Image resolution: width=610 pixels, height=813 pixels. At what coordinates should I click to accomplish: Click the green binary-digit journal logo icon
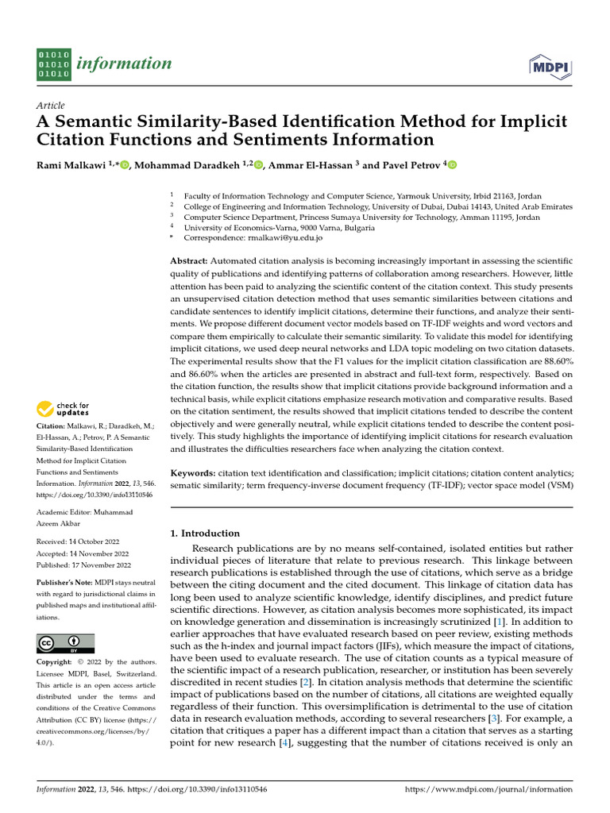pos(54,64)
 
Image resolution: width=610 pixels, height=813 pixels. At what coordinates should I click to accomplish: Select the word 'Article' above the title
pos(52,106)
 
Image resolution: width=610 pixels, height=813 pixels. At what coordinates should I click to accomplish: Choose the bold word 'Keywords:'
pos(193,472)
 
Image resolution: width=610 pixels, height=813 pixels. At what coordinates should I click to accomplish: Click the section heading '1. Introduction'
pos(205,534)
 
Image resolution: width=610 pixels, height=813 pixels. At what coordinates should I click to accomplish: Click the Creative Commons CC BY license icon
pos(65,643)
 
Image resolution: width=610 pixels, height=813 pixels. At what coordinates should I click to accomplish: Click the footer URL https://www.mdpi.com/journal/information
pos(488,790)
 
